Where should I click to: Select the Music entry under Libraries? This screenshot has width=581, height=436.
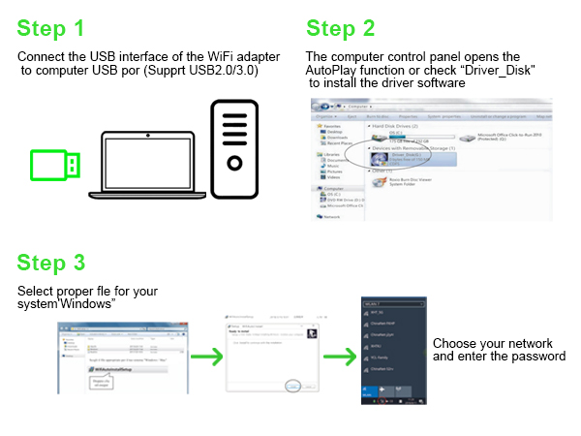coord(333,165)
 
